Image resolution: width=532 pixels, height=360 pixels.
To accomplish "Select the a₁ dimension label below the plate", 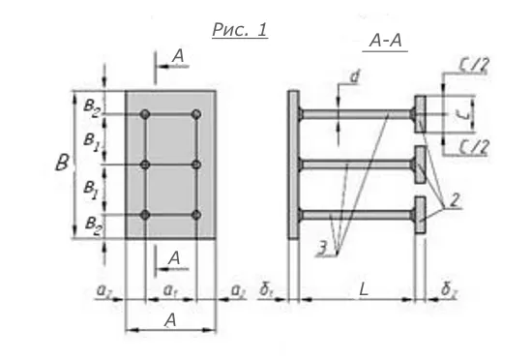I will tap(169, 289).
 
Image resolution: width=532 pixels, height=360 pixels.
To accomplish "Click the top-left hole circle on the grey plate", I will tap(145, 115).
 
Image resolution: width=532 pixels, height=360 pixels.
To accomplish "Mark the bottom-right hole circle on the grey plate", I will tap(196, 214).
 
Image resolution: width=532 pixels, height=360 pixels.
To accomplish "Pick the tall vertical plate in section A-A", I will tap(293, 163).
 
